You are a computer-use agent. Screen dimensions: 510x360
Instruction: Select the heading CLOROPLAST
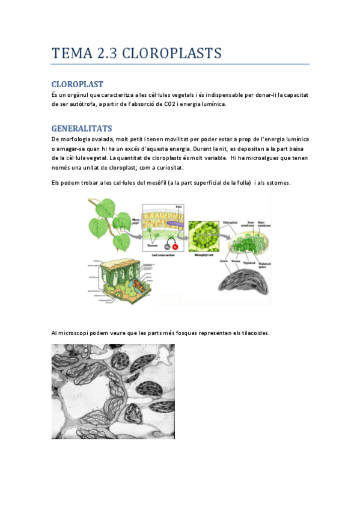click(x=78, y=84)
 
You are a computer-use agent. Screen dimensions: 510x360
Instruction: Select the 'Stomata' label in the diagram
click(x=153, y=245)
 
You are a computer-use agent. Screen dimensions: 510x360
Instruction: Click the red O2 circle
click(x=175, y=247)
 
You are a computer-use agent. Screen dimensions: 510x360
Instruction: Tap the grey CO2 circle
click(x=166, y=247)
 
